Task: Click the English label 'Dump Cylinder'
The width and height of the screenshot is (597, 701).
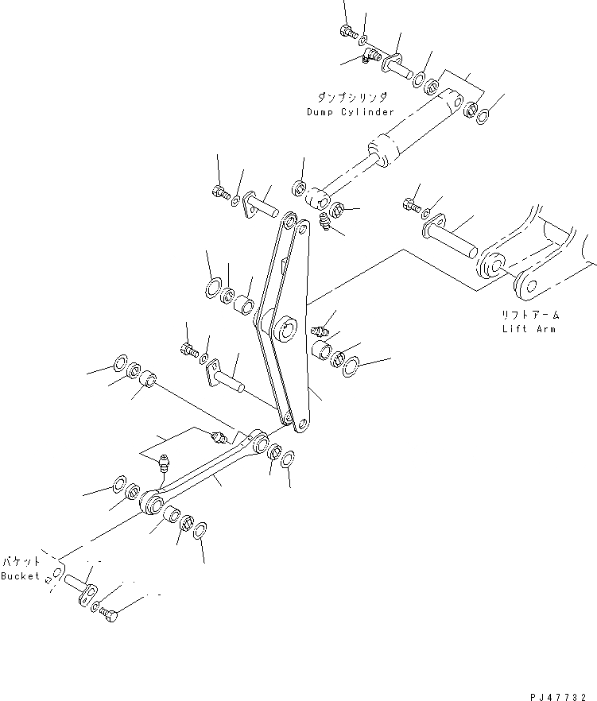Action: click(350, 112)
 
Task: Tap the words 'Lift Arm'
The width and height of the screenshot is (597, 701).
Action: click(528, 328)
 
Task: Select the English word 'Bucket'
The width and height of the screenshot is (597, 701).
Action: click(20, 575)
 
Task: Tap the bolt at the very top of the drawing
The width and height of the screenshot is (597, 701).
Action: click(347, 32)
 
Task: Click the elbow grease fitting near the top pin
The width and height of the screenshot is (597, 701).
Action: click(370, 56)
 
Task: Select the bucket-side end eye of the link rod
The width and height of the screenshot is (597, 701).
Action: click(152, 505)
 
